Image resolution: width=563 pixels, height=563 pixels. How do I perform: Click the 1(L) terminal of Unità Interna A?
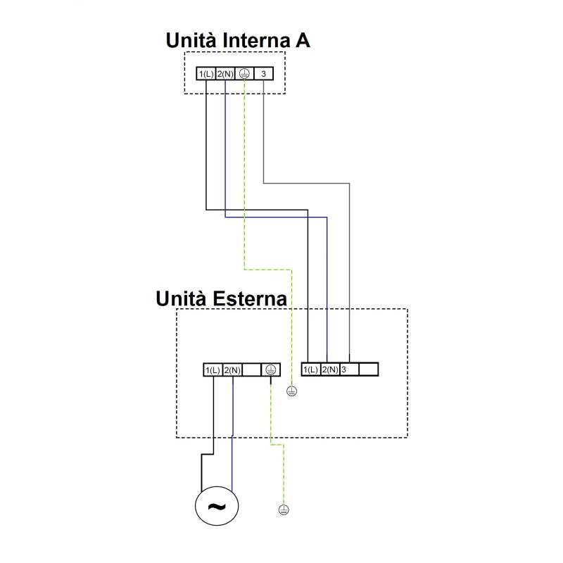coord(206,74)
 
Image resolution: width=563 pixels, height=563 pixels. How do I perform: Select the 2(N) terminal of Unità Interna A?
coord(225,74)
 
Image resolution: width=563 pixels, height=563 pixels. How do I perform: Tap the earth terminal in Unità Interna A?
coord(244,74)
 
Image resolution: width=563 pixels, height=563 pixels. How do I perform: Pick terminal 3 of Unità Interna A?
coord(263,74)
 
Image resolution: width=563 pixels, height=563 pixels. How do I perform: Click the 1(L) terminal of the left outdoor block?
coord(213,370)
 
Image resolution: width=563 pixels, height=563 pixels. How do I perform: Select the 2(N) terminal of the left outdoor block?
coord(232,370)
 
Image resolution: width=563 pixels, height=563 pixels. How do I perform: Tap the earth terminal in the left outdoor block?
coord(271,370)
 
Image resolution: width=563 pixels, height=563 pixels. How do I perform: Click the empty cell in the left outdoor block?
coord(252,370)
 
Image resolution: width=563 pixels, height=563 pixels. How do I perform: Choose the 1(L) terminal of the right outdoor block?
coord(310,369)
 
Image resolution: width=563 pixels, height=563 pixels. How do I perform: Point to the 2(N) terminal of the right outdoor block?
coord(330,369)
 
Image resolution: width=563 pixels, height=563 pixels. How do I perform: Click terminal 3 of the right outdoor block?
coord(349,369)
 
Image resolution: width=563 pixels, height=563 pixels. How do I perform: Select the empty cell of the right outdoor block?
coord(368,369)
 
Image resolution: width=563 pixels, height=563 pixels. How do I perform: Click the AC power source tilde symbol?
coord(217,506)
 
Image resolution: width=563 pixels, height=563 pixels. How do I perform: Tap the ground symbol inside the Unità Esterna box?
coord(291,391)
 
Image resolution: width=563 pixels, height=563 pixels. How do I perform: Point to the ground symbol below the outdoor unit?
coord(284,510)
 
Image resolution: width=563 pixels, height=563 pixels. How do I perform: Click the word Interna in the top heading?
coord(256,40)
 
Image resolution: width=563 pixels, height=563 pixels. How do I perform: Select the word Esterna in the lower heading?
coord(250,298)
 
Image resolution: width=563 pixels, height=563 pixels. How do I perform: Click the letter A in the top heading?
coord(303,40)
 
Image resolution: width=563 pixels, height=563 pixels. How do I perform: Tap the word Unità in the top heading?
coord(191,40)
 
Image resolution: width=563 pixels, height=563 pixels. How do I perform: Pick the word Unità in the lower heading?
coord(182,298)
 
